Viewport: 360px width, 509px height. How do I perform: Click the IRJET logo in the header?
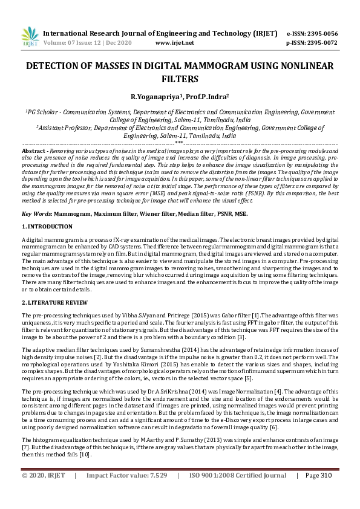pos(29,36)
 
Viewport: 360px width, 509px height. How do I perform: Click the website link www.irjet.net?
pos(174,43)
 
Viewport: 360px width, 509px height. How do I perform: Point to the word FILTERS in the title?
pos(179,79)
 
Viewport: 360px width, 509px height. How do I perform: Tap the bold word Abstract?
pos(33,150)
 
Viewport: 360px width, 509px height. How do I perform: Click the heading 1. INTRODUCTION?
pos(47,226)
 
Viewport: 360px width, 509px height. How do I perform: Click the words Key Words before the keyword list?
pos(36,214)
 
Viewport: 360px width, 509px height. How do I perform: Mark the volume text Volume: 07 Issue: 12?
pos(73,43)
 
